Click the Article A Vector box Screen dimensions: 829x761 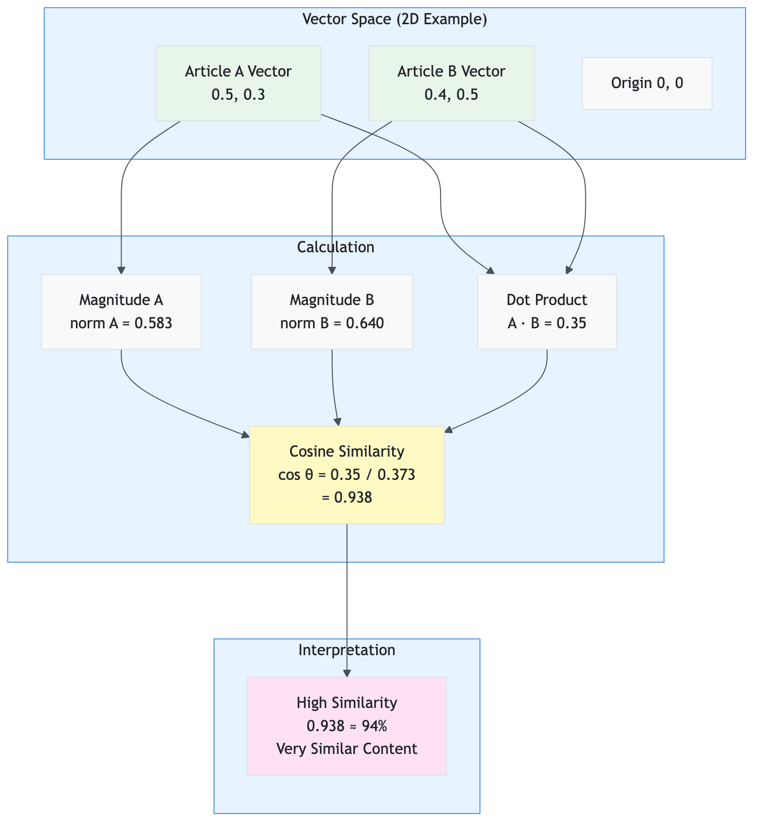click(x=238, y=83)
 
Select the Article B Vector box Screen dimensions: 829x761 click(x=451, y=83)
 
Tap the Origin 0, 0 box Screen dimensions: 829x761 click(x=647, y=83)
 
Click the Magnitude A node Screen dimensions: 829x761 click(x=121, y=311)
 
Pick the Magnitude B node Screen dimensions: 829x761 click(x=332, y=311)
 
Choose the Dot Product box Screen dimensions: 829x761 click(x=547, y=311)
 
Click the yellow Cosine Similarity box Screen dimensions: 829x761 click(x=347, y=475)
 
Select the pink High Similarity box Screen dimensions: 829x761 click(x=347, y=726)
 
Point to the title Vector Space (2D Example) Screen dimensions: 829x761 click(x=395, y=19)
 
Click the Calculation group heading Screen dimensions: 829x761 click(x=335, y=247)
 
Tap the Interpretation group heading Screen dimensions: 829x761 click(x=347, y=650)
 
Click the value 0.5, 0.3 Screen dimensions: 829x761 click(x=238, y=94)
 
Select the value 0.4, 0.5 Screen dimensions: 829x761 click(x=451, y=94)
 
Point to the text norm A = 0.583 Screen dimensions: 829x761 click(x=121, y=323)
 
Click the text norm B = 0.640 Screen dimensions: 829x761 click(x=332, y=323)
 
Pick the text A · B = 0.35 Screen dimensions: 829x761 click(x=547, y=323)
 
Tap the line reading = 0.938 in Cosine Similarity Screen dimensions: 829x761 click(x=347, y=497)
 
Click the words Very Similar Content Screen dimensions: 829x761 click(x=347, y=749)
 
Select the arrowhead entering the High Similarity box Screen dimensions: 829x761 click(x=347, y=673)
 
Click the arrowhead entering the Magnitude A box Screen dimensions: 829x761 click(x=121, y=270)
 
